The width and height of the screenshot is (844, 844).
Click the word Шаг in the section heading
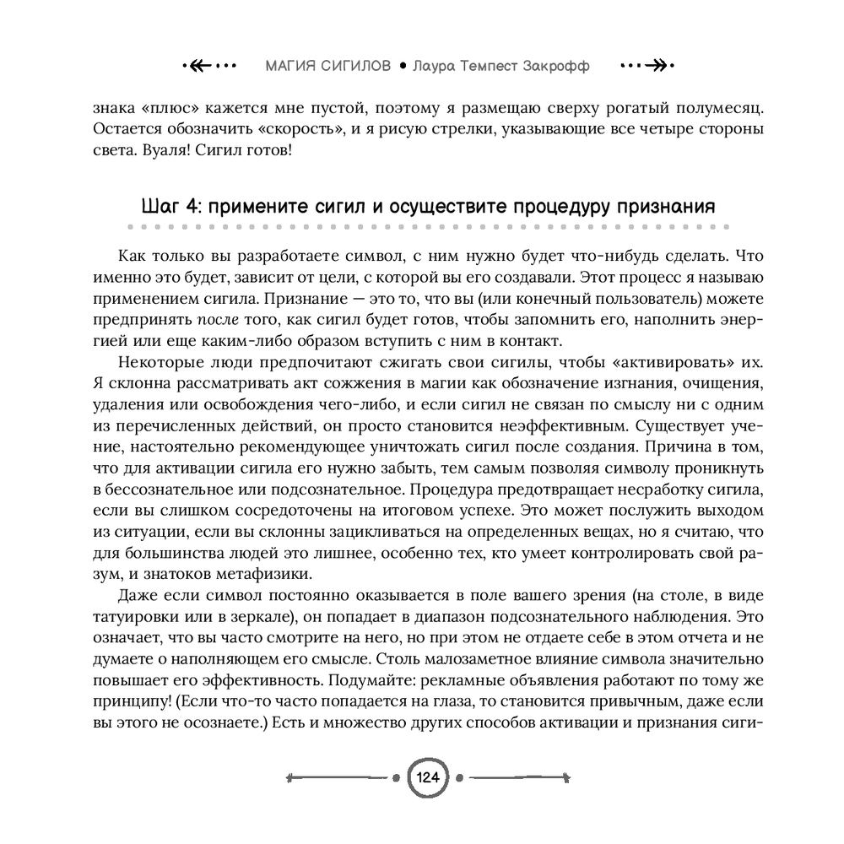(x=156, y=208)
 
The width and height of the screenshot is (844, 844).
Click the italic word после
(x=219, y=320)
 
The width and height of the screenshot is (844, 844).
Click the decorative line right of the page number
(x=517, y=776)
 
